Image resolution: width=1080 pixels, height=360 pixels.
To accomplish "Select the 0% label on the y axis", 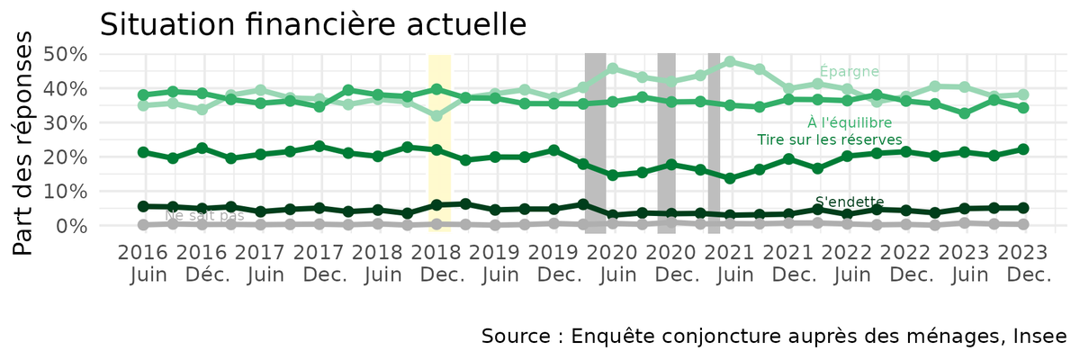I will click(72, 226).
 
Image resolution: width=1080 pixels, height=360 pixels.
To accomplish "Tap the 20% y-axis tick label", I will click(66, 157).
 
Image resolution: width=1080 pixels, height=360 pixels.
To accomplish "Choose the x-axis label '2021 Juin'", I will click(728, 262).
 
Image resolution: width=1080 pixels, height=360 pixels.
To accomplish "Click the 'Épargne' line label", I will click(849, 72).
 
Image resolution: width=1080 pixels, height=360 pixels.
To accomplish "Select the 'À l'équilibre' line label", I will click(849, 122).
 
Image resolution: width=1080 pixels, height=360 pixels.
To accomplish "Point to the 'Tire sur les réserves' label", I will click(829, 139).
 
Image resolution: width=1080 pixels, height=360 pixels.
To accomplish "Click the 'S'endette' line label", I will click(849, 202).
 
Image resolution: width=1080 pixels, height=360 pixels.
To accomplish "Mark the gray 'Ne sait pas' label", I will click(204, 216).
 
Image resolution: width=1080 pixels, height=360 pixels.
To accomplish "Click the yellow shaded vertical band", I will click(438, 144).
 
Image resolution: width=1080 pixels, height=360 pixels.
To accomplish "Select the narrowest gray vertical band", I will click(714, 144).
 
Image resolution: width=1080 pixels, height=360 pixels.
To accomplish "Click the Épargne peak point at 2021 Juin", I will click(730, 62).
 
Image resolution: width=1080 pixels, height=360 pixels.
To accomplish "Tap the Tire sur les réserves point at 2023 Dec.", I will click(1022, 149).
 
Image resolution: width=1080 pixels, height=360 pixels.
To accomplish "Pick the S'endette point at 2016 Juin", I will click(143, 206).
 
